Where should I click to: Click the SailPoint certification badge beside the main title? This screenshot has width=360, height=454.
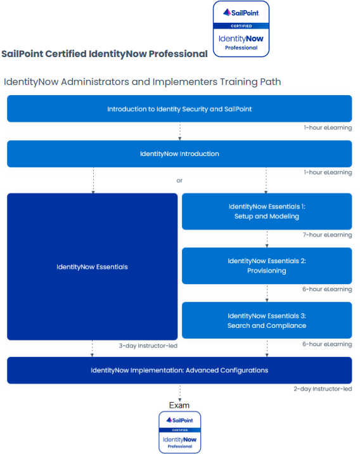coord(241,29)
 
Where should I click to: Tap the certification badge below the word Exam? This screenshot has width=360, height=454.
coord(180,432)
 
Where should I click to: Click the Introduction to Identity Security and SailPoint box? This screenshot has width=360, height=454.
coord(179,108)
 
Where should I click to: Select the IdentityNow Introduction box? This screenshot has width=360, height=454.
coord(179,153)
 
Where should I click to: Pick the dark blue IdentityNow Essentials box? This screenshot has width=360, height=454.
coord(93,267)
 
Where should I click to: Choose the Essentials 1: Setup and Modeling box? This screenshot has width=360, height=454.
coord(267,211)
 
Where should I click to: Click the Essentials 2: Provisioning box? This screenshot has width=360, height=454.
coord(267,266)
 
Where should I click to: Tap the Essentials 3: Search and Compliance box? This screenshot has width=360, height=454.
coord(267,320)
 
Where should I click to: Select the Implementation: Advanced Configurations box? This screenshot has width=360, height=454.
coord(179,370)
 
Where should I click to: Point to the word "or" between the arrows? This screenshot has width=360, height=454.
coord(179,181)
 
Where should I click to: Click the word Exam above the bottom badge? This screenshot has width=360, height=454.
coord(179,405)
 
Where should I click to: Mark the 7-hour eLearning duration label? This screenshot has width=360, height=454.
coord(327,235)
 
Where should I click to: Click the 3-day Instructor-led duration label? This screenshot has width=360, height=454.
coord(148,346)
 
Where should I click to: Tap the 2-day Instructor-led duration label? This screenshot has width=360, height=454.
coord(323,389)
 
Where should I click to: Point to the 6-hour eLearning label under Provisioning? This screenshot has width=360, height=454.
coord(327,289)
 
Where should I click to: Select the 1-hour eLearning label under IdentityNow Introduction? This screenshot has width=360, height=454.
coord(328,172)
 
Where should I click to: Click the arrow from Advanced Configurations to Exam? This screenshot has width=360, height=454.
coord(180,393)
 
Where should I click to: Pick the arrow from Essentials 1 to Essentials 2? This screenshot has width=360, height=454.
coord(267,239)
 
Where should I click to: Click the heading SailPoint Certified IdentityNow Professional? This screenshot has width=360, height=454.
coord(105,54)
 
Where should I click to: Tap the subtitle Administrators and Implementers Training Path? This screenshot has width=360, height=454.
coord(143,82)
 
